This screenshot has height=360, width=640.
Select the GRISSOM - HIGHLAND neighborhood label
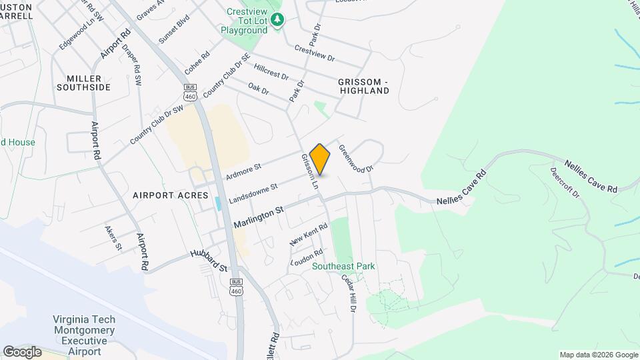click(x=363, y=85)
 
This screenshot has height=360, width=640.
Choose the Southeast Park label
click(x=344, y=266)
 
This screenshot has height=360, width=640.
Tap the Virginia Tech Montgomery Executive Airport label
click(x=84, y=335)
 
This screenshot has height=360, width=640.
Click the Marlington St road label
click(x=259, y=218)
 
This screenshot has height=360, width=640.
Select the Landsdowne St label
click(x=253, y=191)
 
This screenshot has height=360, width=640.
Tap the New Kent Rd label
click(x=309, y=235)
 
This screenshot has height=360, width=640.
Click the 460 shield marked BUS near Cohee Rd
click(x=190, y=93)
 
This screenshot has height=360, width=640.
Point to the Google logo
click(x=22, y=351)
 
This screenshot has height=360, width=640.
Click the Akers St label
click(x=113, y=238)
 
